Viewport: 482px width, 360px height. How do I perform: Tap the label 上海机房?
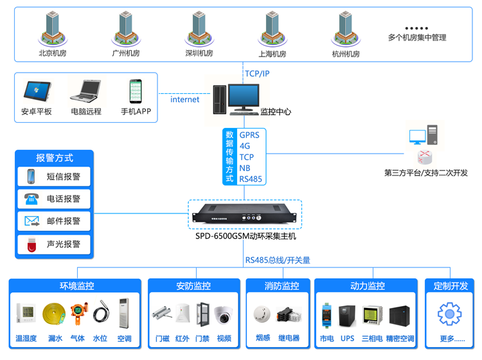coord(272,54)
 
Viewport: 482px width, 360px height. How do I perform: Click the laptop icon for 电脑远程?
coord(85,91)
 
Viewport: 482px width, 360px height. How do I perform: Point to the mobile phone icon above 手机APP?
coord(136,91)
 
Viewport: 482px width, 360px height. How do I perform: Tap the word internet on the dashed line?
coord(184,100)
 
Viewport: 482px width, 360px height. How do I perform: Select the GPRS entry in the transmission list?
coord(249,135)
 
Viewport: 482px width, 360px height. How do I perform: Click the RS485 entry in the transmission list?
coord(251,179)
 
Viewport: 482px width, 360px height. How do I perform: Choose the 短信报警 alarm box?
coord(55,176)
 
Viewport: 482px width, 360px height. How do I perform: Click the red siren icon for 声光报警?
coord(32,244)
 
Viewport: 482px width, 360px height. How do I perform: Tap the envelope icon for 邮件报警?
coord(32,221)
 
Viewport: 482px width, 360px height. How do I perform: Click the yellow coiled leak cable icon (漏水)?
coord(55,314)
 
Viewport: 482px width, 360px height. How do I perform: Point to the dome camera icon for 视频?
coord(224,314)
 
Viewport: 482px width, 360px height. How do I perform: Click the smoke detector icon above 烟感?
coord(262,314)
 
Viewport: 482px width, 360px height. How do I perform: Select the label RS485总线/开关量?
coord(278,260)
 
